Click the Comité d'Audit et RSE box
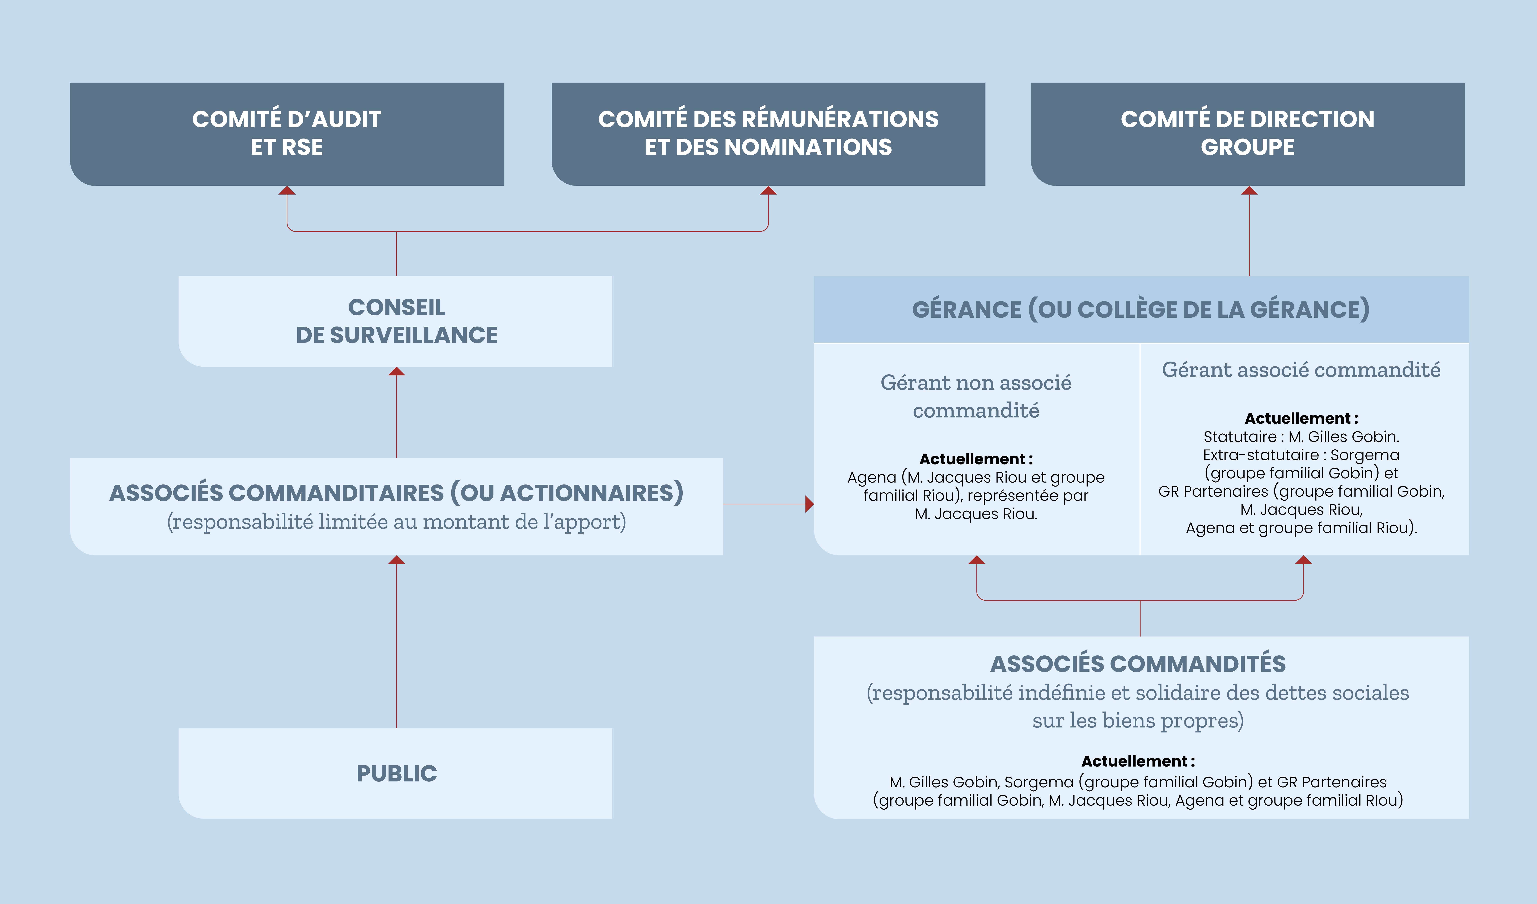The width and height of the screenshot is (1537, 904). pyautogui.click(x=287, y=134)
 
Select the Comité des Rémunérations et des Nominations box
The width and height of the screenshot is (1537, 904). pyautogui.click(x=768, y=134)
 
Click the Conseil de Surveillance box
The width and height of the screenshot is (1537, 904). pyautogui.click(x=395, y=321)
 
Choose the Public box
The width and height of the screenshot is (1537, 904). pyautogui.click(x=395, y=773)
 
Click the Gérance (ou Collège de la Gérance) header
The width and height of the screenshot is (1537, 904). pyautogui.click(x=1141, y=309)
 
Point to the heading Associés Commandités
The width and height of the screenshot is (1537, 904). pyautogui.click(x=1138, y=664)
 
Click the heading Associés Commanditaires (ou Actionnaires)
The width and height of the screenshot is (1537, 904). pyautogui.click(x=396, y=493)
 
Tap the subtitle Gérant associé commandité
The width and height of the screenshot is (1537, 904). pyautogui.click(x=1301, y=370)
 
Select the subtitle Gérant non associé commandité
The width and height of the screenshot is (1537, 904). pyautogui.click(x=976, y=396)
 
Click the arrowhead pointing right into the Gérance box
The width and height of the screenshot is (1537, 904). pyautogui.click(x=809, y=504)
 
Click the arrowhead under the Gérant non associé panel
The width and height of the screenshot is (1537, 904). pyautogui.click(x=977, y=560)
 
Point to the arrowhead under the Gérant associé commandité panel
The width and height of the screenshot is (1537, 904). pyautogui.click(x=1303, y=560)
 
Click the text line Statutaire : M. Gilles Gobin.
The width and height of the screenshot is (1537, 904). pyautogui.click(x=1301, y=437)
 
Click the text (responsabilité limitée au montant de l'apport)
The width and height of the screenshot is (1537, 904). pyautogui.click(x=396, y=522)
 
